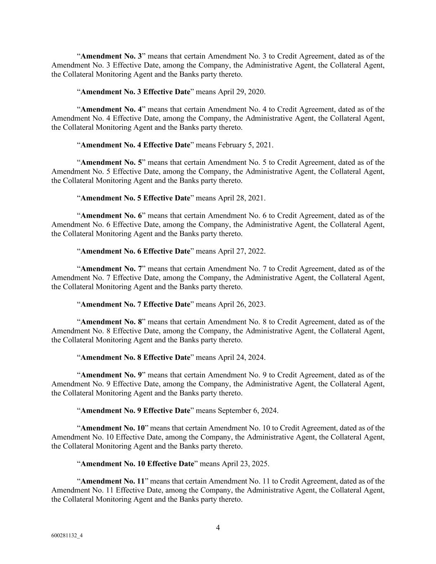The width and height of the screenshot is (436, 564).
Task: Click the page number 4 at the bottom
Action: tap(218, 528)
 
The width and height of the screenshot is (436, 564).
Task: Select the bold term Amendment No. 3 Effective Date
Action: tap(135, 92)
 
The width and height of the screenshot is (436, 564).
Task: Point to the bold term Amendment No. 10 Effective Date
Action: tap(137, 464)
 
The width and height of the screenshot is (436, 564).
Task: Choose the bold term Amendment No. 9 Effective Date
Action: tap(135, 410)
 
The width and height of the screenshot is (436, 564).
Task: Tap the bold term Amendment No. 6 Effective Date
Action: tap(135, 251)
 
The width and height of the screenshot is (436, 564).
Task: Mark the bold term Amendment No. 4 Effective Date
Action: tap(135, 145)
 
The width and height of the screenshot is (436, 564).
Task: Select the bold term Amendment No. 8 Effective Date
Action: tap(135, 357)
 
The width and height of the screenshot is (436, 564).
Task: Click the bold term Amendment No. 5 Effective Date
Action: tap(135, 198)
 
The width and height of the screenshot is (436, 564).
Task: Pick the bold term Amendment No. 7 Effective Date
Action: tap(135, 304)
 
